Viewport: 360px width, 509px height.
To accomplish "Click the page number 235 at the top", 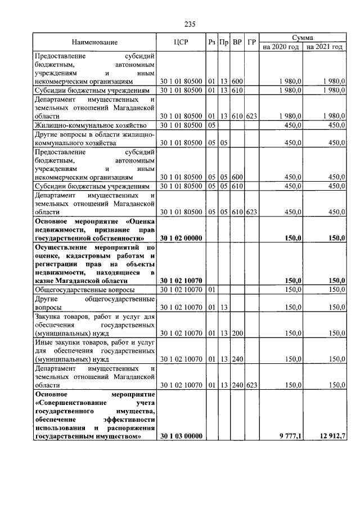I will (x=189, y=24).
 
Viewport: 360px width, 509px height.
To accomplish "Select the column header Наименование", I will (x=94, y=43).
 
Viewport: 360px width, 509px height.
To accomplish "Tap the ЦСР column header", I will (x=181, y=43).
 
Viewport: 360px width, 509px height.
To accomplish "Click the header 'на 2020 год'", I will (x=281, y=47).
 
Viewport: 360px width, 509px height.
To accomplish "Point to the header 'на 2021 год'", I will (x=324, y=47).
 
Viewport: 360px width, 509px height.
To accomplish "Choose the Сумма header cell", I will (x=303, y=37).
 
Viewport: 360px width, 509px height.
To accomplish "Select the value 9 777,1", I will (x=290, y=436).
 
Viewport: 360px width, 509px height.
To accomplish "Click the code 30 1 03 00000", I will (x=181, y=436).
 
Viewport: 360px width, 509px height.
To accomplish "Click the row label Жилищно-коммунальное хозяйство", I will (x=91, y=125).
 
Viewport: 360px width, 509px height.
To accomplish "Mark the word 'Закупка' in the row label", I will (x=48, y=317).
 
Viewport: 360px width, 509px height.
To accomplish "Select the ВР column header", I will (x=237, y=43).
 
